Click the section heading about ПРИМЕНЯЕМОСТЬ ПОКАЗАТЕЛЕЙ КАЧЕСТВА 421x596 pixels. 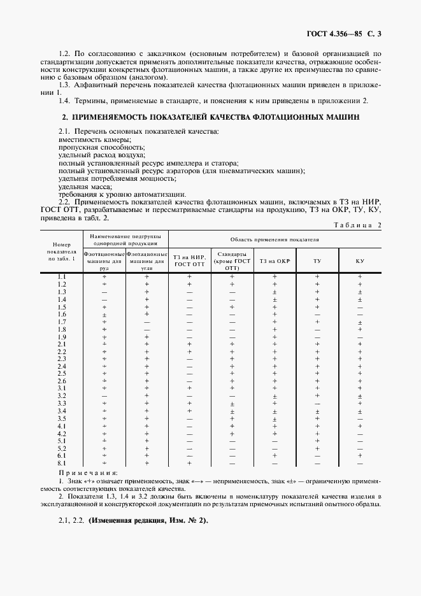[210, 118]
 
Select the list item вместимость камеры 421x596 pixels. [95, 139]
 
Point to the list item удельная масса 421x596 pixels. [85, 187]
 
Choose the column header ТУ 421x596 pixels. [317, 260]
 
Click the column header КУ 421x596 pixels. [359, 260]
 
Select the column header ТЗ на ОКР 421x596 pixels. [275, 260]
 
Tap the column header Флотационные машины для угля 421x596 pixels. [146, 260]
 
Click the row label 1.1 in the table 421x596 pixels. [62, 276]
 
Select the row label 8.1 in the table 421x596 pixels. [62, 464]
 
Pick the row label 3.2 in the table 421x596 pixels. [62, 395]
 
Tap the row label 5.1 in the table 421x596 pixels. [62, 441]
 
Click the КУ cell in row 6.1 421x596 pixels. [359, 456]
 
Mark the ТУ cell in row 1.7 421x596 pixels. [317, 322]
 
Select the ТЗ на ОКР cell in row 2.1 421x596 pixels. [275, 344]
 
